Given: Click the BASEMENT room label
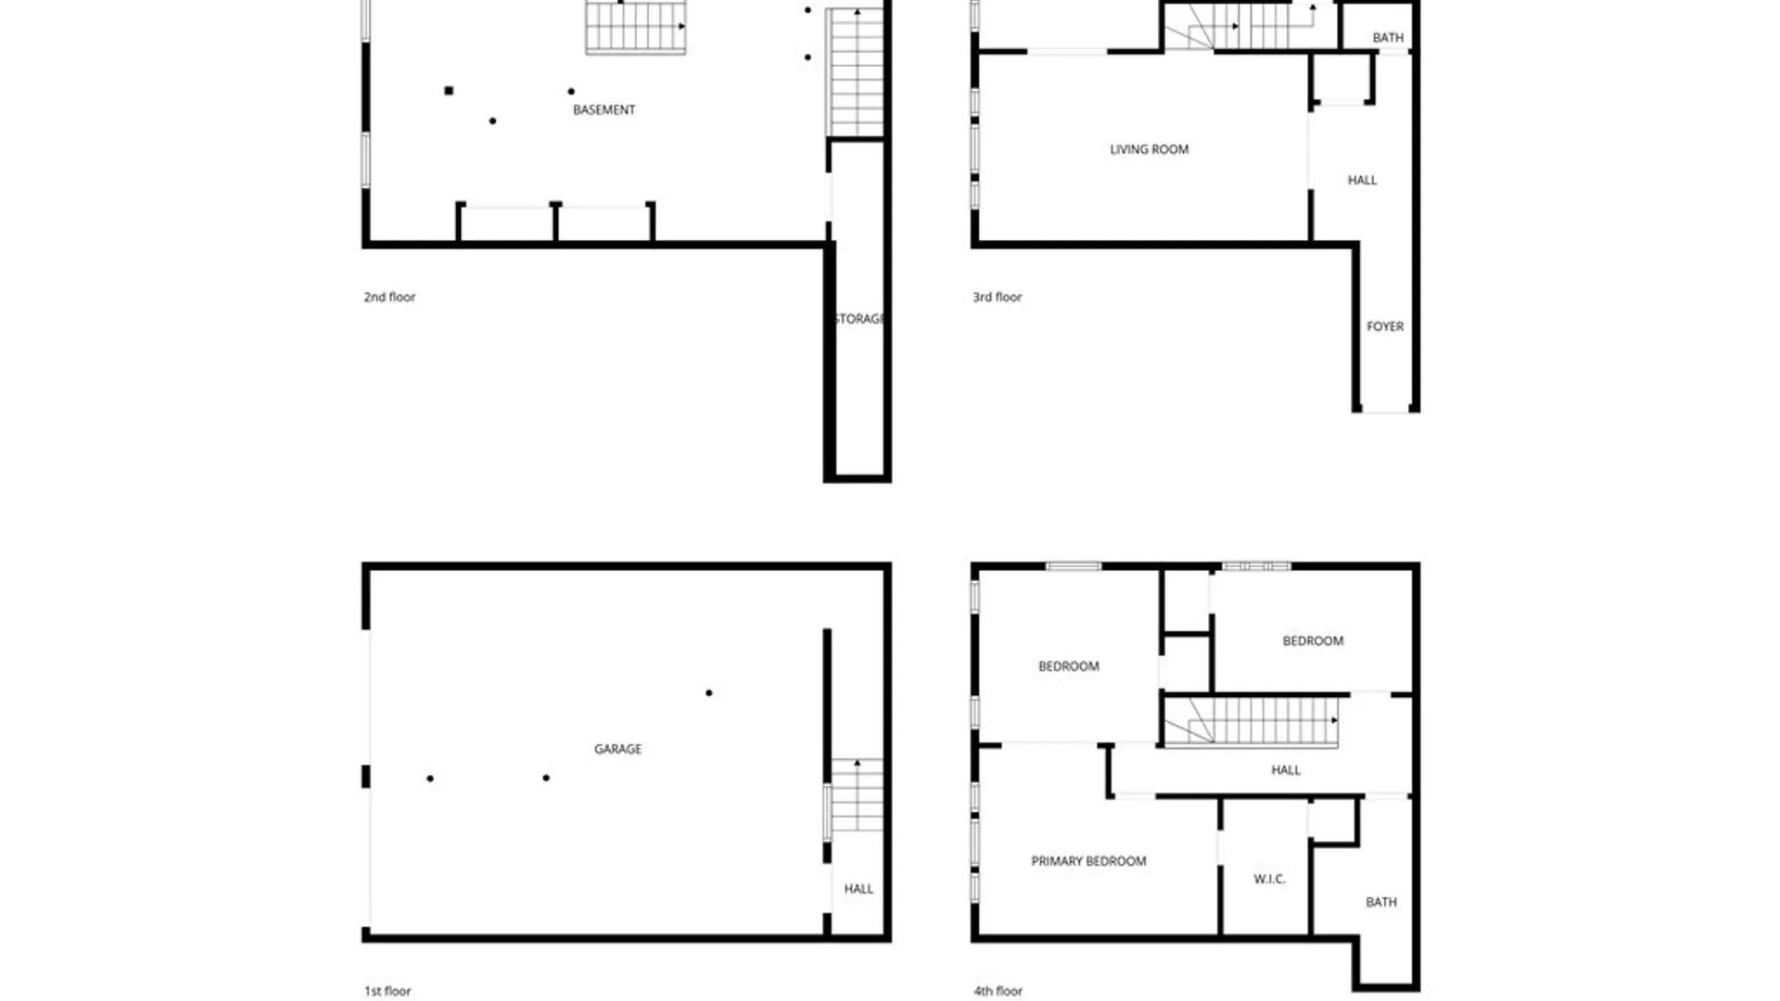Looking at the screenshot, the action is pos(604,109).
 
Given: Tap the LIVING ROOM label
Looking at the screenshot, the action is pos(1149,149).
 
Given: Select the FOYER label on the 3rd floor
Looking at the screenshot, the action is pos(1385,326).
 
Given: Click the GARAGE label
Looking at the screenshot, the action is pos(617,749).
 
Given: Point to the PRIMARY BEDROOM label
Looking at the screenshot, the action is pos(1088,861).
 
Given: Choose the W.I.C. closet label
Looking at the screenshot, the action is pos(1269,879).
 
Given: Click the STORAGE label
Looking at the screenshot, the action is pos(859,319).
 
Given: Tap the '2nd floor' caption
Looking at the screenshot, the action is pos(389,297).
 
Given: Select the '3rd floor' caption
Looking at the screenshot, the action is pos(997,297).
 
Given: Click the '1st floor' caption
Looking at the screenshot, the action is pos(387,991).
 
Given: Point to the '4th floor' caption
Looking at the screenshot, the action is pos(998,991).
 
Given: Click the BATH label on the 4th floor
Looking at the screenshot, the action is pos(1380,902).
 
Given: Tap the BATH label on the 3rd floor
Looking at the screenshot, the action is pos(1388,38).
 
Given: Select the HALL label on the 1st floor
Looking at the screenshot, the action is pos(858,889).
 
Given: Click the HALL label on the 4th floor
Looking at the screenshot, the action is pos(1285,770).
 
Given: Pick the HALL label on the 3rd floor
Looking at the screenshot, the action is pos(1362,180).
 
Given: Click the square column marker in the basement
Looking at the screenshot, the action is pos(449,91).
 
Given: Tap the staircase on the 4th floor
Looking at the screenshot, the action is pos(1251,722).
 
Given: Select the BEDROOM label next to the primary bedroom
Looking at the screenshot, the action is pos(1068,666).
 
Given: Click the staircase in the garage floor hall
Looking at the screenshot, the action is pos(857,795).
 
